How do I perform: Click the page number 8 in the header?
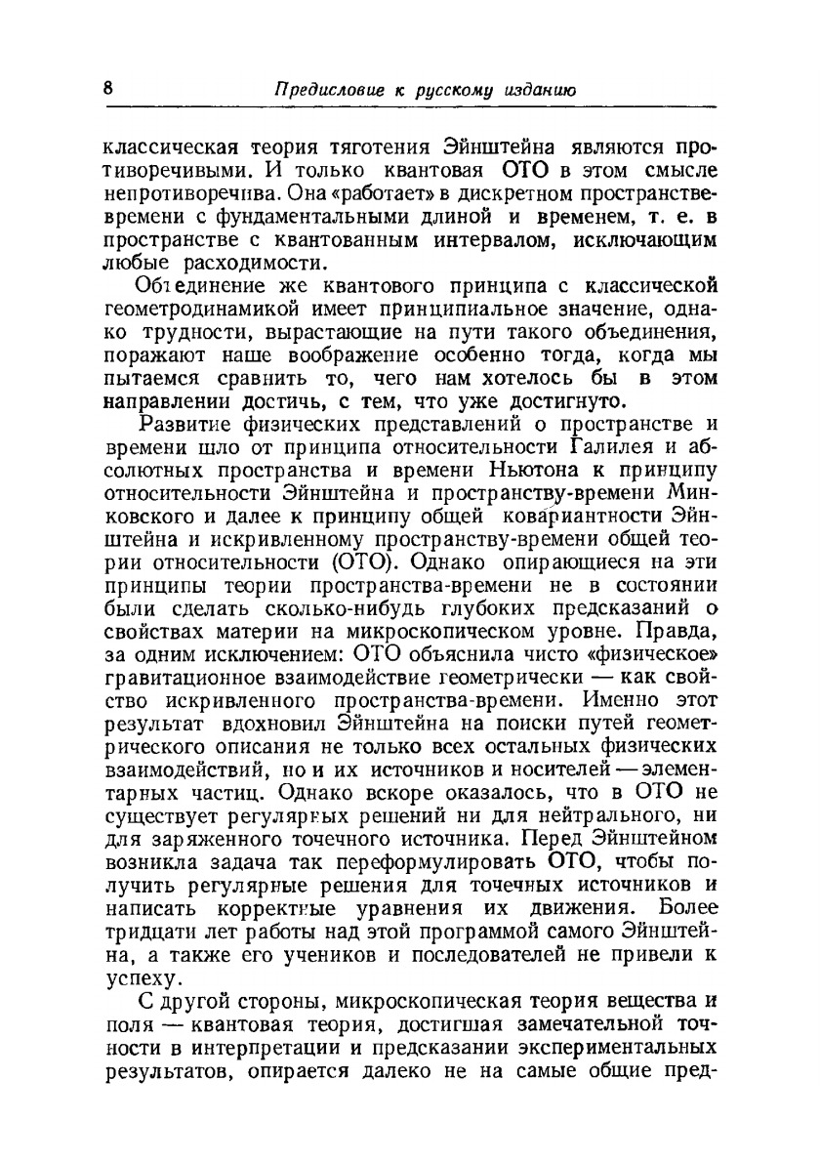coord(108,87)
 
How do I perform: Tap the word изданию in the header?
coord(540,90)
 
